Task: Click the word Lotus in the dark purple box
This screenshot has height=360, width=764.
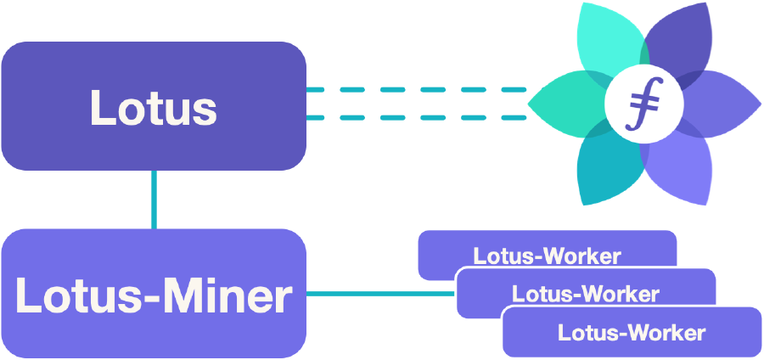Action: click(x=154, y=107)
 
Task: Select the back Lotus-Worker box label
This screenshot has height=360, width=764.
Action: click(x=548, y=256)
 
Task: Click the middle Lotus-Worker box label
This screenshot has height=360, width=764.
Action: click(x=586, y=294)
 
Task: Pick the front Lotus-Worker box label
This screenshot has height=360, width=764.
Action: click(x=632, y=333)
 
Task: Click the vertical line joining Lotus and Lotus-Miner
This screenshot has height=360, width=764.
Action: click(x=154, y=200)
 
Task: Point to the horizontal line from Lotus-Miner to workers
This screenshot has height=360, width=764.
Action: click(x=380, y=294)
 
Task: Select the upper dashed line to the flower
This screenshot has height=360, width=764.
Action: click(x=416, y=90)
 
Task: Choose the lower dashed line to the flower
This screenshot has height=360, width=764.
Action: click(x=416, y=117)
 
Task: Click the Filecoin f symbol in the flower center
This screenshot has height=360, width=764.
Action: click(x=644, y=104)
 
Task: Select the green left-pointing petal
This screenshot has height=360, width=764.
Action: click(x=568, y=104)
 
